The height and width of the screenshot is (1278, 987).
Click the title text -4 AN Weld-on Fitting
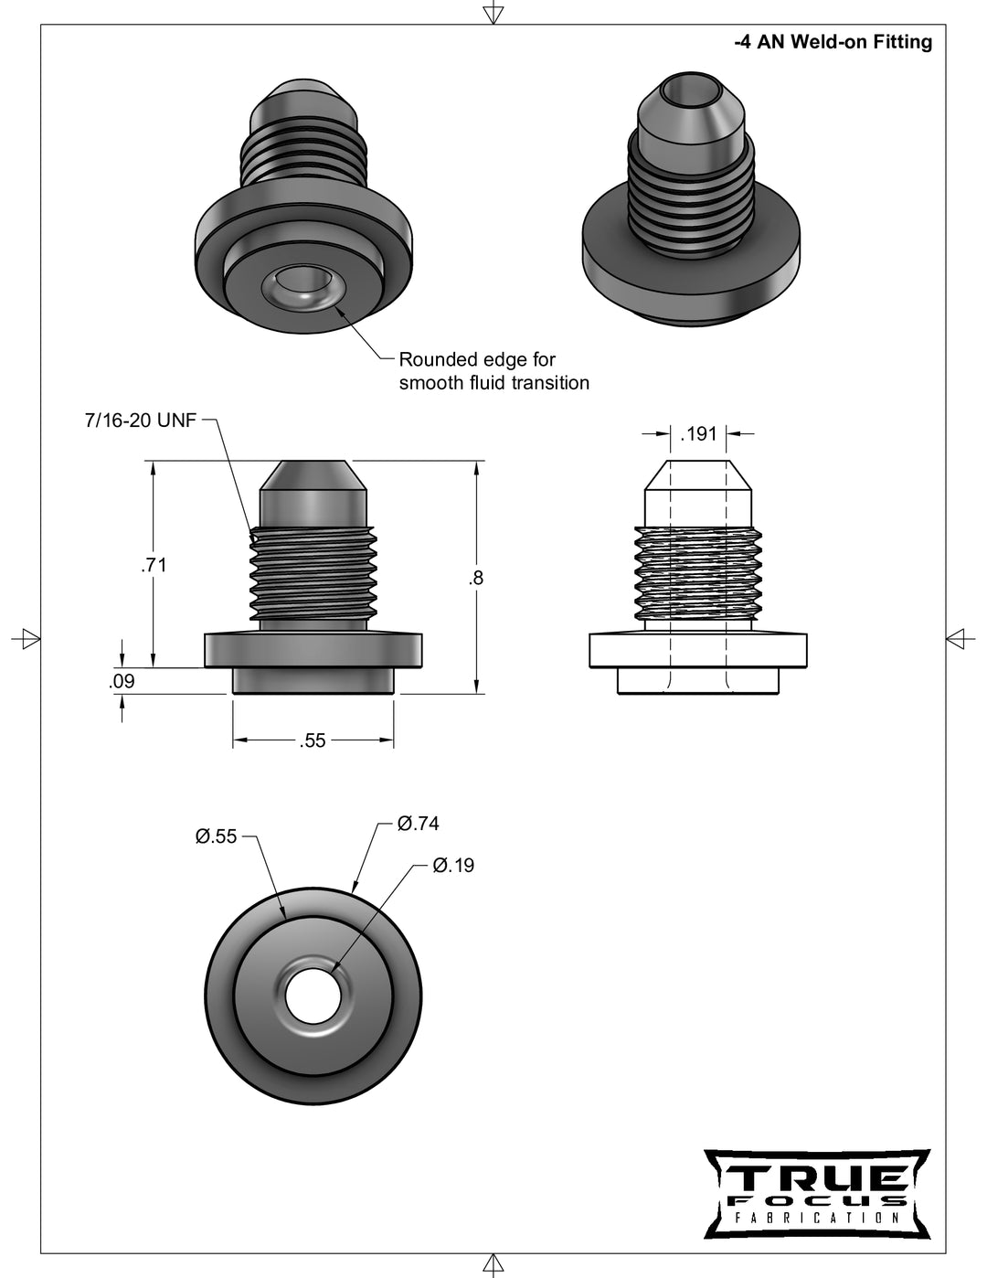(x=833, y=42)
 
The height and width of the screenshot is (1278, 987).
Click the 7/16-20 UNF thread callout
(x=140, y=421)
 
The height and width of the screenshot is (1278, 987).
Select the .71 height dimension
(x=154, y=565)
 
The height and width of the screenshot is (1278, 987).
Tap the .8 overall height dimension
(x=475, y=578)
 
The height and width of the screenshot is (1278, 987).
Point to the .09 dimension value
(x=122, y=681)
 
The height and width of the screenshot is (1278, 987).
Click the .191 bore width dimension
(x=699, y=434)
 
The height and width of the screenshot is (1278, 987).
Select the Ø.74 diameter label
(x=418, y=824)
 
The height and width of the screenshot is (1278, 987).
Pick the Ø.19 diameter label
(x=453, y=865)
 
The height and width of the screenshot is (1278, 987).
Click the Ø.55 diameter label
(x=216, y=836)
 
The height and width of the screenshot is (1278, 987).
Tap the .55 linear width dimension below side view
(x=313, y=740)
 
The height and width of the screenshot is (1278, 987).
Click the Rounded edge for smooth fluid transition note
(x=493, y=371)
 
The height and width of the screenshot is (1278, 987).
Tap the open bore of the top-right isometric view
(x=681, y=92)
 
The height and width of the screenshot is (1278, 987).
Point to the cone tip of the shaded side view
(x=313, y=475)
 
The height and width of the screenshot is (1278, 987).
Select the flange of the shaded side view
(x=313, y=649)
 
